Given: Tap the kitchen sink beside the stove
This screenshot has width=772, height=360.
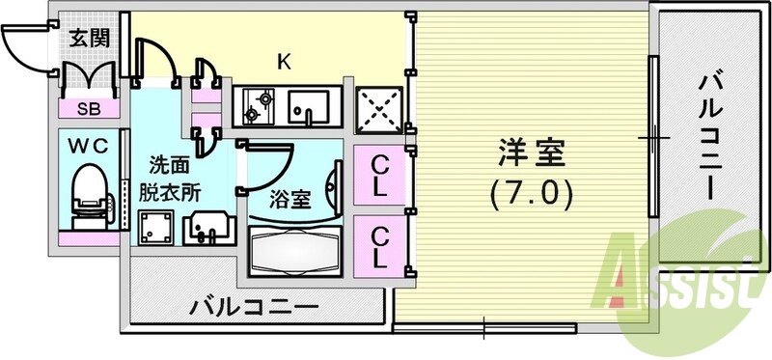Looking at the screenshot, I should pos(312,105).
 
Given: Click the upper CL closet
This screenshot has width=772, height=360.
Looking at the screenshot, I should pos(380,175).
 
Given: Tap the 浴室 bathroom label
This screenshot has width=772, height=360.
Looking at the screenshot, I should pos(289,200).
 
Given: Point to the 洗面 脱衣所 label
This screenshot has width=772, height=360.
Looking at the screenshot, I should pos(175,178).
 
